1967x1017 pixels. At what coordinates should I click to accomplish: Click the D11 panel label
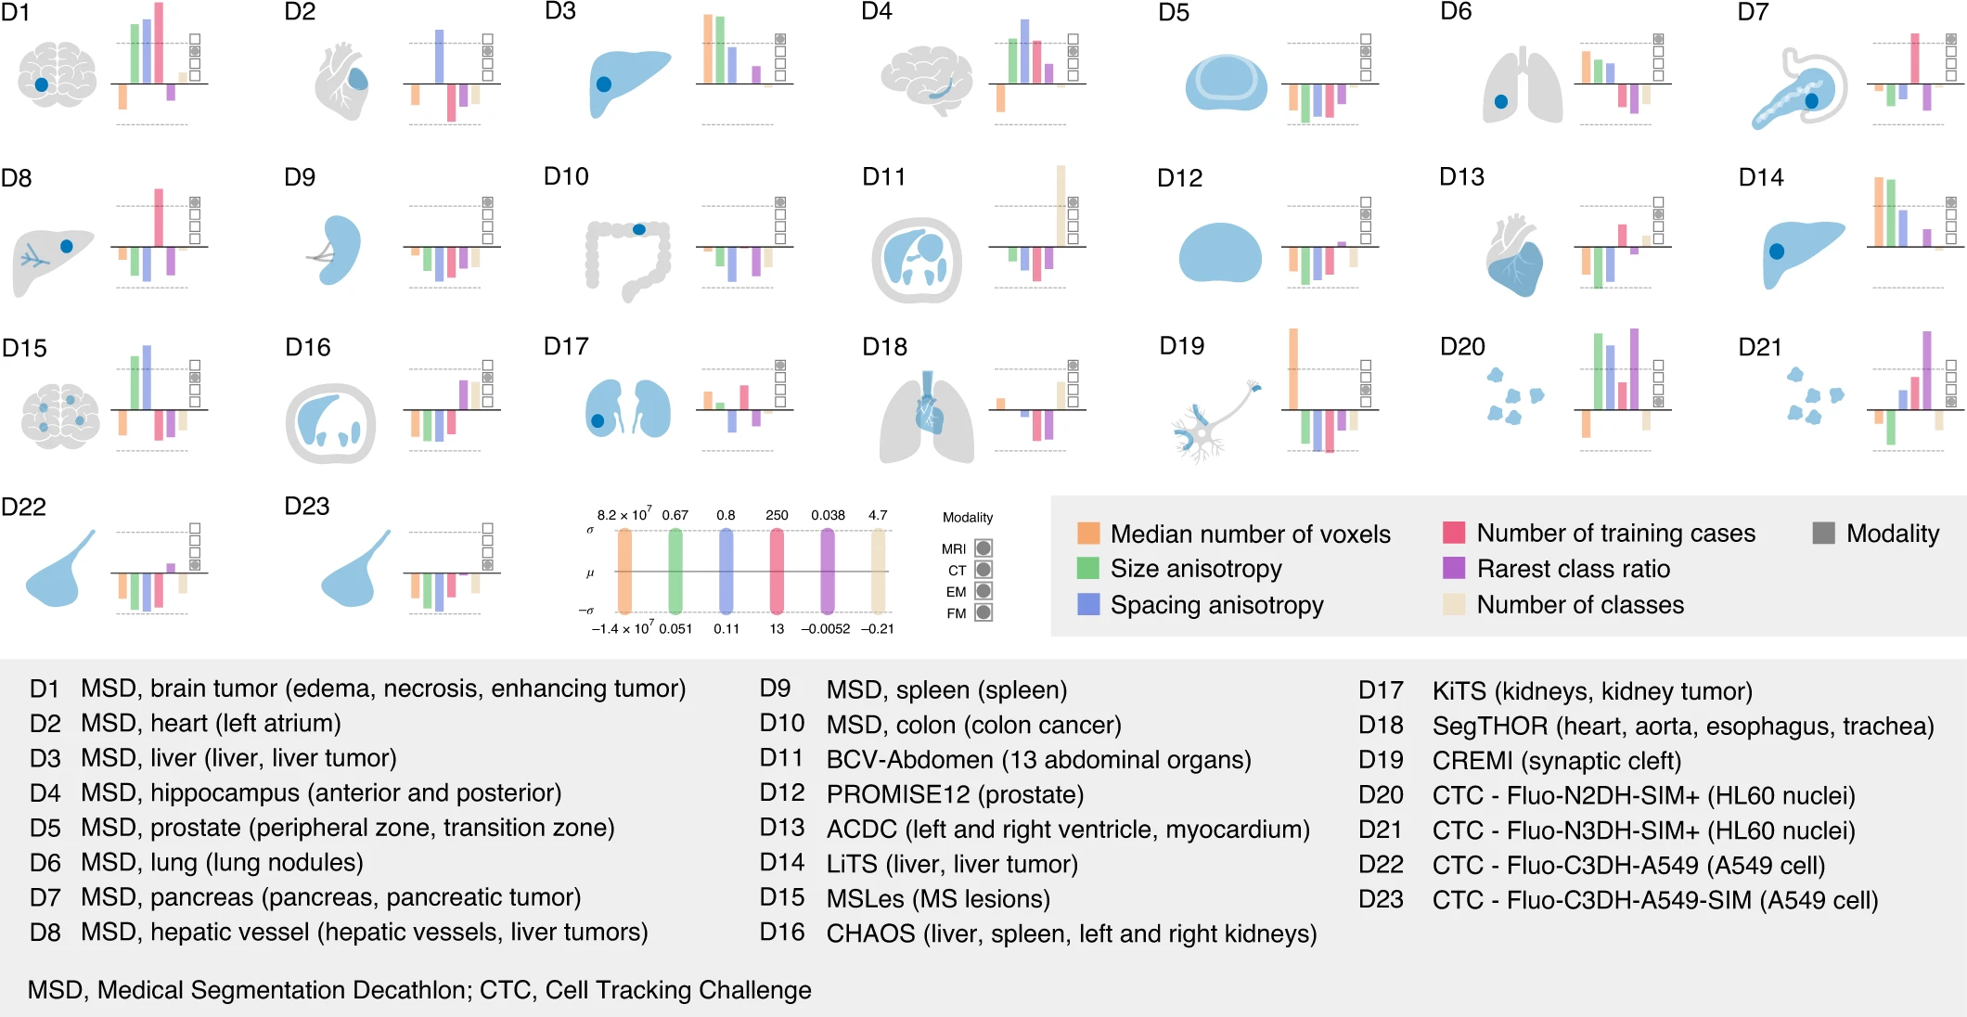click(883, 176)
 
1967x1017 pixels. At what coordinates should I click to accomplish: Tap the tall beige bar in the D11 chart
click(1061, 205)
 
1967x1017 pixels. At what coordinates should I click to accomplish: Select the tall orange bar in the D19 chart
click(1293, 368)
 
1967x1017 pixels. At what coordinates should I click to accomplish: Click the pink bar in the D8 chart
click(159, 217)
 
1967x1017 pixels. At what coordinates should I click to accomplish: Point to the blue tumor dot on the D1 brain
click(42, 84)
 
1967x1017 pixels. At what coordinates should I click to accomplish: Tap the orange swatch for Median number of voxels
click(1088, 534)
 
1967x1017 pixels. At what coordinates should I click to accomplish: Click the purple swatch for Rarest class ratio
click(1454, 568)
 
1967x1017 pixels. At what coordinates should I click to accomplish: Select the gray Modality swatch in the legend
click(1823, 533)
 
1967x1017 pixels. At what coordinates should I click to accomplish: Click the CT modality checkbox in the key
click(983, 570)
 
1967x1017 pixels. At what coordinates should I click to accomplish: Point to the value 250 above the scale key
click(777, 515)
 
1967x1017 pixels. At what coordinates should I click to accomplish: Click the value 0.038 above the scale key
click(828, 515)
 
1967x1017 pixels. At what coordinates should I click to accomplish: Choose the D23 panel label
click(307, 506)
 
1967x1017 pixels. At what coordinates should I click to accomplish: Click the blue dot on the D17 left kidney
click(598, 420)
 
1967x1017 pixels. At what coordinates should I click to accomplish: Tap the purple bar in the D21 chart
click(1927, 369)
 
